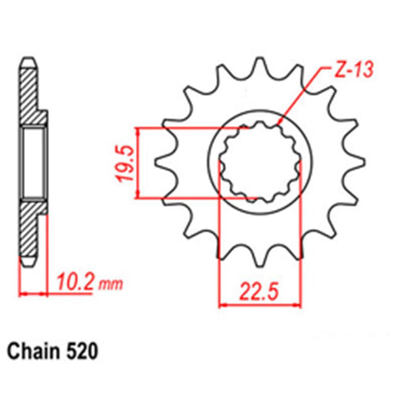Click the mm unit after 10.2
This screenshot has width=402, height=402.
pos(110,285)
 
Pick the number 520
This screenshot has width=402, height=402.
pos(81,351)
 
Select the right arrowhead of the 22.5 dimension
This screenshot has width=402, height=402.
pos(299,305)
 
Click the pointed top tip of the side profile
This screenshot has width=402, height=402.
pos(26,58)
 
